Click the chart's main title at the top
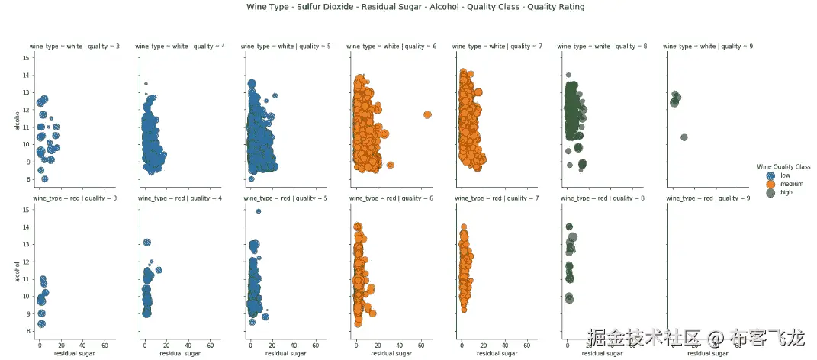[416, 7]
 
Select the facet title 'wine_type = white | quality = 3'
[75, 47]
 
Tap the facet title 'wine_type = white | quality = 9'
[708, 47]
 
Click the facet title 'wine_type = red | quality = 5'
[287, 198]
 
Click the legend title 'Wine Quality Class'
[783, 166]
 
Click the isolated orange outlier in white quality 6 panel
[427, 114]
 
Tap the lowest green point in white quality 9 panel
[684, 137]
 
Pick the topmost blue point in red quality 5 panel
[259, 211]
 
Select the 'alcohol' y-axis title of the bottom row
[18, 270]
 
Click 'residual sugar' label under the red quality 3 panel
[75, 353]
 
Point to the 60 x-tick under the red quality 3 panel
[103, 345]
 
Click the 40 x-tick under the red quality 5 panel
[293, 345]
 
